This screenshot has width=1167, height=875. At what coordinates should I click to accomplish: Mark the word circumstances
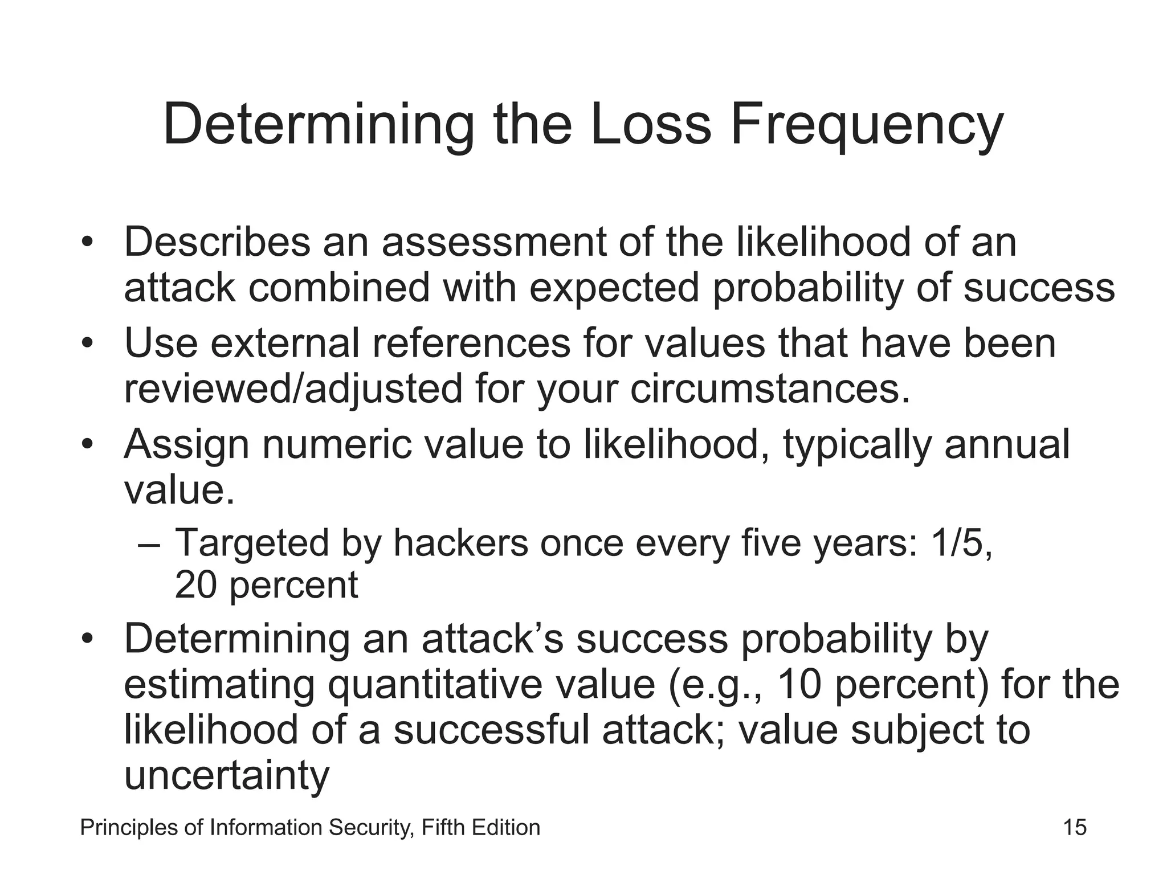(770, 390)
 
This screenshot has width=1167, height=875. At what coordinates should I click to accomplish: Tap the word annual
(1007, 444)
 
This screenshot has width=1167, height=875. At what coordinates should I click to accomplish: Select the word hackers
(460, 542)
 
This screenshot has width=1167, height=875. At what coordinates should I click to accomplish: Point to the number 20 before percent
(195, 585)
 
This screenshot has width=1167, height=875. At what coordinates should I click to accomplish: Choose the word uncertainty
(227, 776)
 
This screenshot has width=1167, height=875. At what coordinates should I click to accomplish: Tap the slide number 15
(1075, 827)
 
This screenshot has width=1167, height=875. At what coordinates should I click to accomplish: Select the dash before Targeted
(149, 544)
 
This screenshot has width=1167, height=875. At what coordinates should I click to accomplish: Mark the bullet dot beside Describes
(87, 243)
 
